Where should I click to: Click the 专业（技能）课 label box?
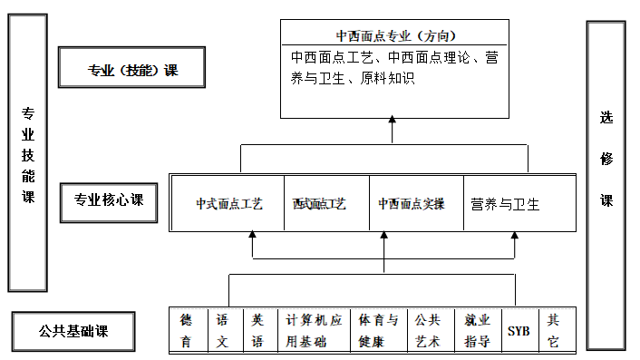pyautogui.click(x=132, y=70)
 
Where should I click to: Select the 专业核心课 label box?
pyautogui.click(x=109, y=200)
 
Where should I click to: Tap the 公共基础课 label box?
pyautogui.click(x=73, y=329)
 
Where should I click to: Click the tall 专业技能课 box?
pyautogui.click(x=28, y=153)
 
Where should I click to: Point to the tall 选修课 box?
pyautogui.click(x=606, y=185)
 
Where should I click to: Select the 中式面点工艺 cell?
pyautogui.click(x=228, y=204)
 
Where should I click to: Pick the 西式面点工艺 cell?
pyautogui.click(x=319, y=204)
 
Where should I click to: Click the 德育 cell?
pyautogui.click(x=187, y=330)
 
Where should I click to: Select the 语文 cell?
pyautogui.click(x=223, y=330)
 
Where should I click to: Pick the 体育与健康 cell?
pyautogui.click(x=378, y=330)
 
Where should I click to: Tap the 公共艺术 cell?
pyautogui.click(x=427, y=330)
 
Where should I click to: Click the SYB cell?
pyautogui.click(x=519, y=331)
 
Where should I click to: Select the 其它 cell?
pyautogui.click(x=555, y=330)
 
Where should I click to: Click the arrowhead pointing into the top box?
pyautogui.click(x=393, y=121)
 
